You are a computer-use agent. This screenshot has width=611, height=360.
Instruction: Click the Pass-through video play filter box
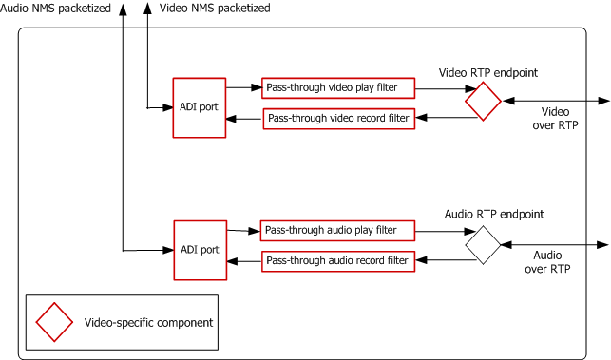[338, 88]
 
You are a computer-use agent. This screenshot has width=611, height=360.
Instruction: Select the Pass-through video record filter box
[338, 119]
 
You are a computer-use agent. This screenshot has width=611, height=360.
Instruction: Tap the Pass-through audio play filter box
[337, 231]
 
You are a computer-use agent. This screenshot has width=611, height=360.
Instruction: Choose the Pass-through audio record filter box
[337, 260]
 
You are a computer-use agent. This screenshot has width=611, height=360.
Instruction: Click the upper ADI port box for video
[198, 107]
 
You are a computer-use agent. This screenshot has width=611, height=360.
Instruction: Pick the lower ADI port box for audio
[198, 250]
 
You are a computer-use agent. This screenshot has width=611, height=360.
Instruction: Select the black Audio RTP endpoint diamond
[482, 245]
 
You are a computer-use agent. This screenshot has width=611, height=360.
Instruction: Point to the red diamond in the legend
[54, 322]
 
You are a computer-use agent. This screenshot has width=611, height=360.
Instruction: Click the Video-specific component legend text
[146, 322]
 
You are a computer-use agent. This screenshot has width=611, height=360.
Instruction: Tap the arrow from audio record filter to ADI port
[244, 260]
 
